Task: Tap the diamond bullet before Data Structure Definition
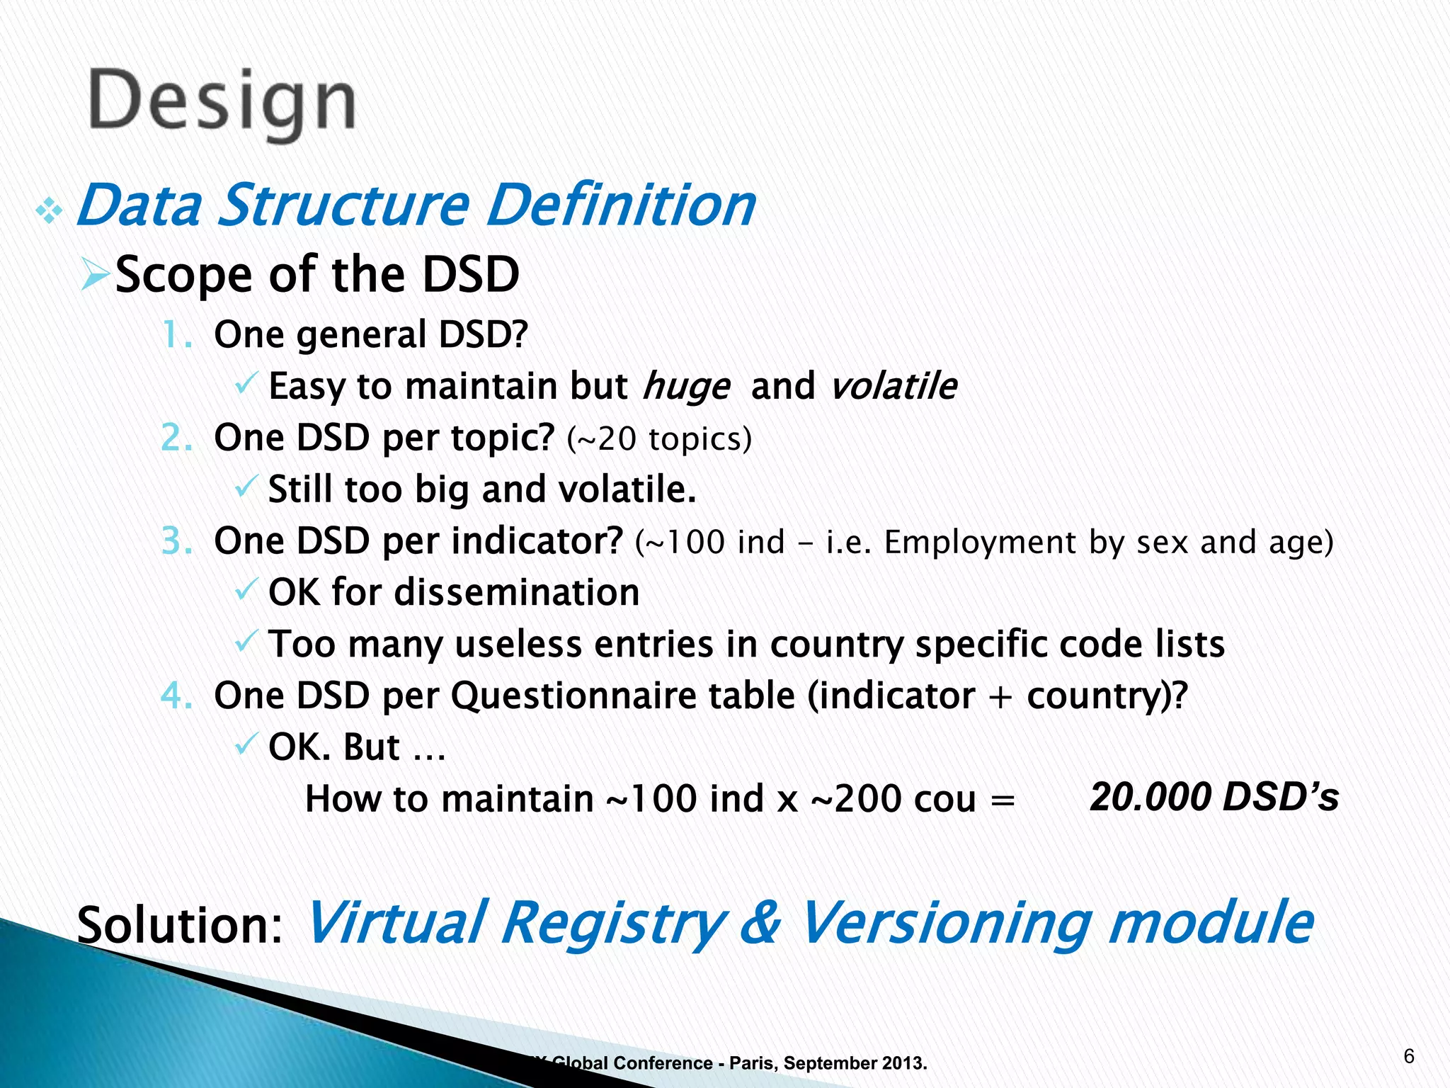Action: (49, 210)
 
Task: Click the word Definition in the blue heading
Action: (621, 205)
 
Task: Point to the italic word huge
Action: (685, 387)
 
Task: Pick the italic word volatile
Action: (893, 387)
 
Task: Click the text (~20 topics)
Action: (658, 438)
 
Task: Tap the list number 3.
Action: (176, 541)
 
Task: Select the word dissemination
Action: (516, 592)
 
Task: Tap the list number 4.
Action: (176, 696)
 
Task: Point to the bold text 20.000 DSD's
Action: (1214, 797)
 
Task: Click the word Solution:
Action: (180, 925)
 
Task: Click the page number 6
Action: (1408, 1057)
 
